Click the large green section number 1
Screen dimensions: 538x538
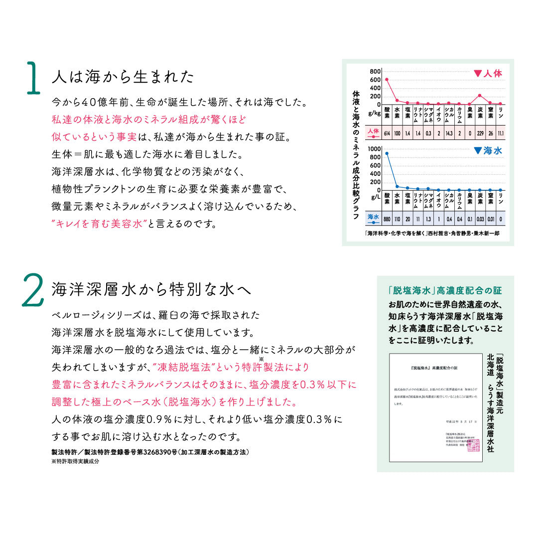point(32,78)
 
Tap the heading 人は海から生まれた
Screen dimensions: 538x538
point(123,77)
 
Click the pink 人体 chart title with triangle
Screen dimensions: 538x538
point(488,73)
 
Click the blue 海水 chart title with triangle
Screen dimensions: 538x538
point(488,150)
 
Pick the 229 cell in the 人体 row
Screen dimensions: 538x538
point(480,134)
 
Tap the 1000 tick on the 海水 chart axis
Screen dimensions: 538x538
point(374,149)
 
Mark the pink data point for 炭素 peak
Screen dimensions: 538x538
point(480,95)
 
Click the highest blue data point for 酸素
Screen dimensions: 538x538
point(387,153)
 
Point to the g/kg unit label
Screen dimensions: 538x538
point(374,114)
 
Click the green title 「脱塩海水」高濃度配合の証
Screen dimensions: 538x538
point(445,290)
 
